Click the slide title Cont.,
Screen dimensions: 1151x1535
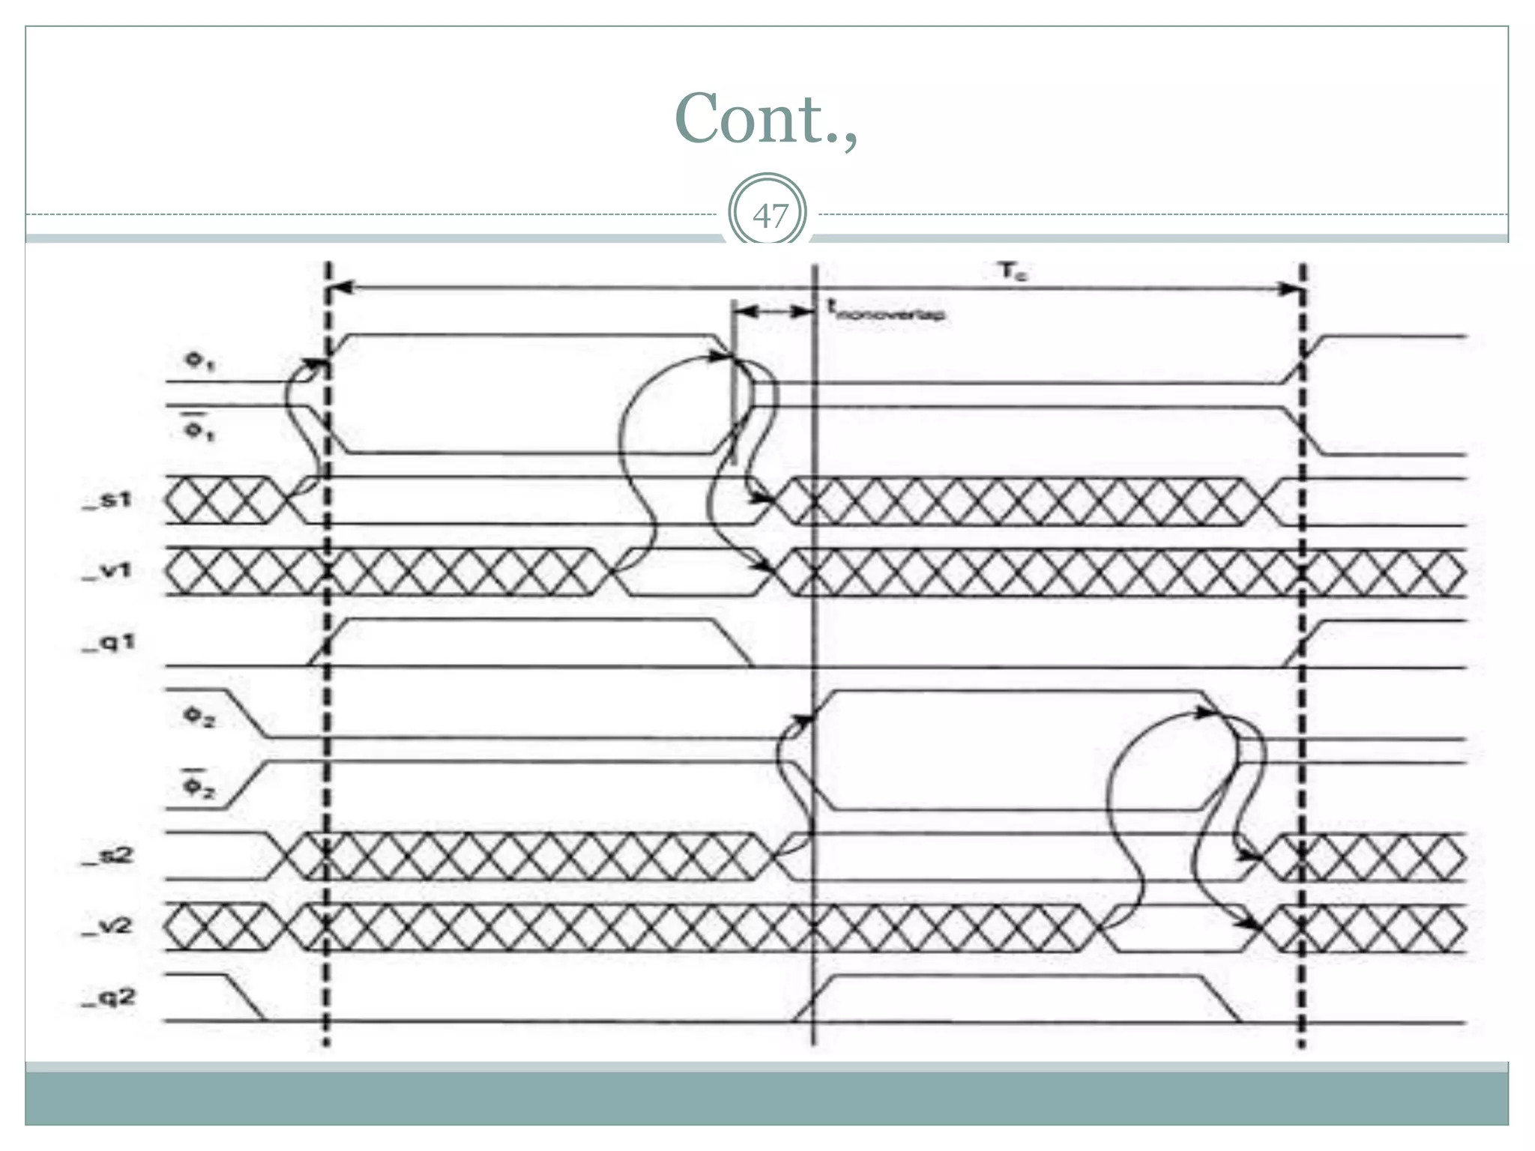pos(765,120)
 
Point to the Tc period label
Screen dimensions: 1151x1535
pos(1013,271)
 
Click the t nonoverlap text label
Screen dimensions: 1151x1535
pos(886,310)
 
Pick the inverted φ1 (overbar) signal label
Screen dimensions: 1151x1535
pos(199,429)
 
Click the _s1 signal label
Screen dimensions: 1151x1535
pos(107,500)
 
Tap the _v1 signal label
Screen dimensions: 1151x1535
pos(107,572)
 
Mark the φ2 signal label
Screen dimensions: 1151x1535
pos(199,717)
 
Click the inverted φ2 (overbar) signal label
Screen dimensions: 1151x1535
pos(199,785)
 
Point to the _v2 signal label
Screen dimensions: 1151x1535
pos(107,927)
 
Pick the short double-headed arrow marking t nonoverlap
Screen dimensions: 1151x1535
pos(773,312)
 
